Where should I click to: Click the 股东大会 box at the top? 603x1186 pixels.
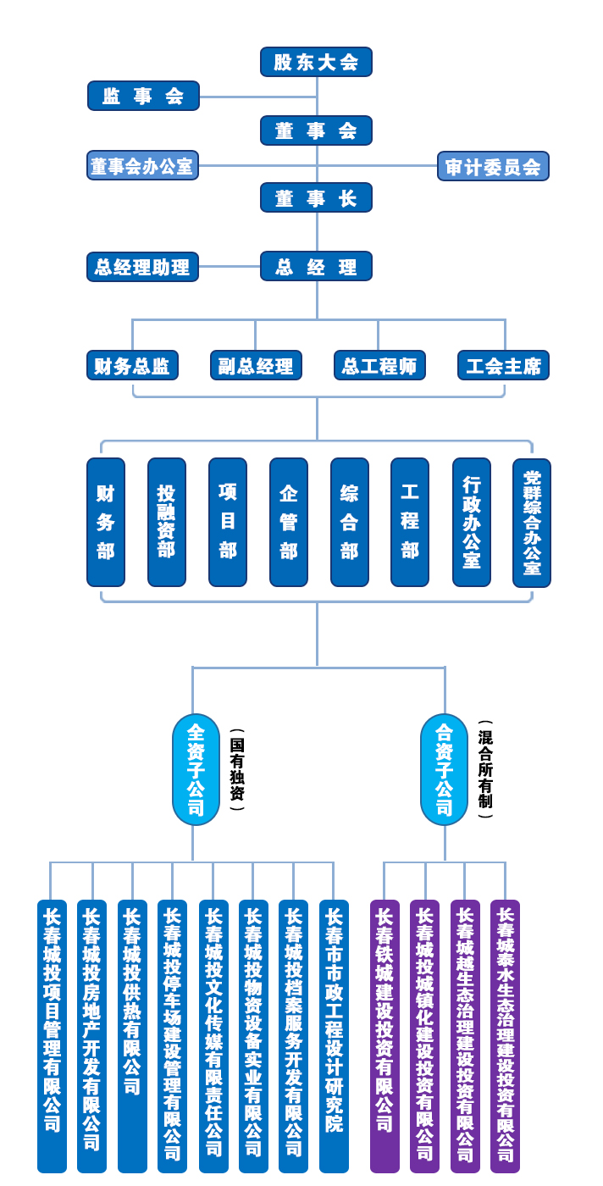[316, 62]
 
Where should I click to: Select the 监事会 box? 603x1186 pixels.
[143, 96]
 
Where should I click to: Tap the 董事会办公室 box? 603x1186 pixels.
[142, 165]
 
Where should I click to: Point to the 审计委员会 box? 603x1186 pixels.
[493, 166]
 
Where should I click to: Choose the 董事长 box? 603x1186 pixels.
[316, 197]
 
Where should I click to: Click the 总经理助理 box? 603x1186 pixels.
[142, 267]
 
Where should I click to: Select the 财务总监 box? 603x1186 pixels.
[132, 365]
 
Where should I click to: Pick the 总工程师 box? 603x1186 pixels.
[379, 365]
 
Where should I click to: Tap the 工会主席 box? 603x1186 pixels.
[503, 365]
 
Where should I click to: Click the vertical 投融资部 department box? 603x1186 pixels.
[167, 522]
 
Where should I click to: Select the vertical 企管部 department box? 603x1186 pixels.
[289, 522]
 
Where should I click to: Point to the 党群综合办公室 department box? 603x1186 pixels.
[532, 523]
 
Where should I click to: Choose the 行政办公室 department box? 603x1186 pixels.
[472, 522]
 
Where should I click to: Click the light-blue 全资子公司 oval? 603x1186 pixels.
[196, 769]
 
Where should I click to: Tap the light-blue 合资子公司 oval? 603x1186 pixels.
[444, 769]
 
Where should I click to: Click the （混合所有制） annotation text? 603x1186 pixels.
[485, 769]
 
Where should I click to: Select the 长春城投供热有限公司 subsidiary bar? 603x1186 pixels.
[132, 1035]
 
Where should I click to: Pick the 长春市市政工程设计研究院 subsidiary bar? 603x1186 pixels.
[334, 1035]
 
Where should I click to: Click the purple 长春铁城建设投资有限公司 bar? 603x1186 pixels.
[384, 1035]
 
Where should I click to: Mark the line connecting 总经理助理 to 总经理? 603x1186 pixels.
[229, 266]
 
